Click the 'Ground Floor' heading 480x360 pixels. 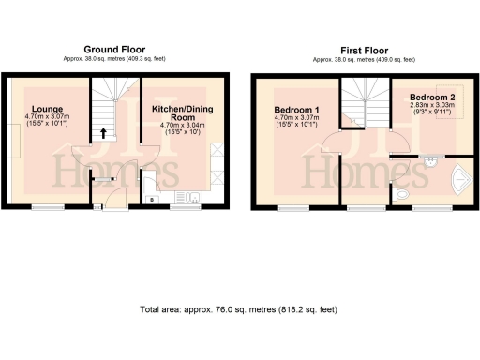[114, 49]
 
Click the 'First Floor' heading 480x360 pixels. [365, 49]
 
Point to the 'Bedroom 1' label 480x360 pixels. [296, 110]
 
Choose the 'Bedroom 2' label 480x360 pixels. [432, 97]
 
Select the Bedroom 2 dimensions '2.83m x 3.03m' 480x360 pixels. [432, 105]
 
